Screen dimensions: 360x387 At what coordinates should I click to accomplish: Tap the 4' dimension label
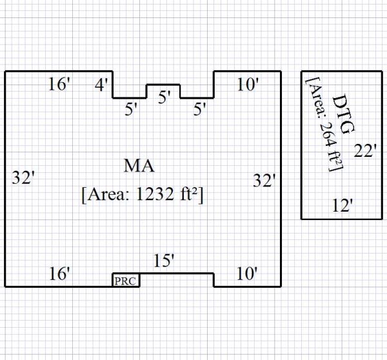[102, 84]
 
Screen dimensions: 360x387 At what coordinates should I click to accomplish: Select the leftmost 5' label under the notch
[132, 110]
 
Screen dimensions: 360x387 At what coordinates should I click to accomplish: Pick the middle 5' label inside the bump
[164, 97]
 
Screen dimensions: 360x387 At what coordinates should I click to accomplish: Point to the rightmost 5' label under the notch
[201, 110]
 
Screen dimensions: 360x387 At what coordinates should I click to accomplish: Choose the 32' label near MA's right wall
[264, 181]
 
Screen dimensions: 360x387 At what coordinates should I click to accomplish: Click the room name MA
[139, 166]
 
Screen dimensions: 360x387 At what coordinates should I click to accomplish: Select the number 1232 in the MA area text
[154, 194]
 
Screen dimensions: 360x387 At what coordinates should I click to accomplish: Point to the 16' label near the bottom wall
[59, 274]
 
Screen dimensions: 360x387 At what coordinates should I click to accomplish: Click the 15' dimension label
[164, 261]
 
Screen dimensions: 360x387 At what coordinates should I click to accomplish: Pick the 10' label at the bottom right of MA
[247, 274]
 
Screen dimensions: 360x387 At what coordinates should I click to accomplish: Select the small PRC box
[126, 281]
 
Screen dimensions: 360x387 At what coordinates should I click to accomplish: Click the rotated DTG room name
[342, 114]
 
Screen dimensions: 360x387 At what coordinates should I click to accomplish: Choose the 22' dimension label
[366, 151]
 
